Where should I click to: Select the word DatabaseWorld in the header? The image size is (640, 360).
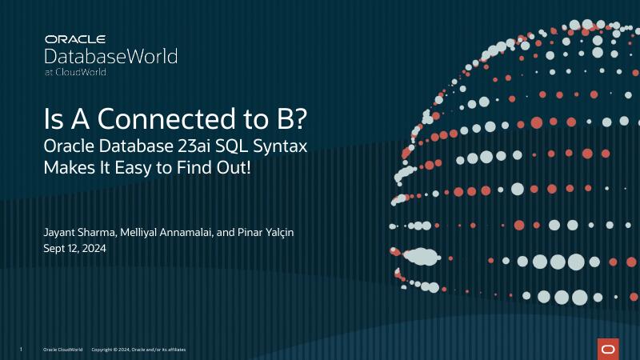click(110, 56)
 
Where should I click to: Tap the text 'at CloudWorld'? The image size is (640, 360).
click(75, 72)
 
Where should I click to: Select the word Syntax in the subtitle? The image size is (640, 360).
click(286, 148)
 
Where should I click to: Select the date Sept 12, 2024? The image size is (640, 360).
click(74, 248)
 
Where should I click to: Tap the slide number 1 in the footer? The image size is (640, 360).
click(20, 350)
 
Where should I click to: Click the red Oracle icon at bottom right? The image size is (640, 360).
click(608, 348)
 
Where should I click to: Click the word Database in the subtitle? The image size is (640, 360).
click(132, 147)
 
